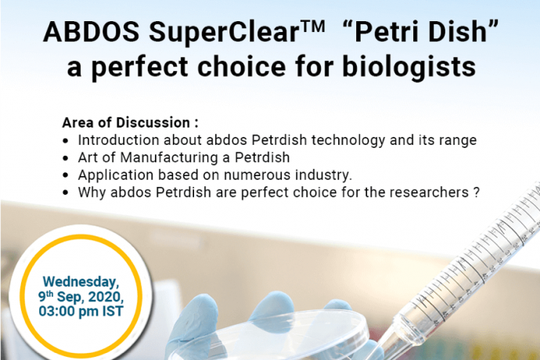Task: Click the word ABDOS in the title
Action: [x=92, y=31]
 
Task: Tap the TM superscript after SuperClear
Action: [x=312, y=26]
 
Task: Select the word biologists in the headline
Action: [x=409, y=67]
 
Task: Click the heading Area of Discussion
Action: [x=130, y=123]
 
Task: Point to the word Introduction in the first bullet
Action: [x=118, y=140]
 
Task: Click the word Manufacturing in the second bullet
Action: [x=169, y=158]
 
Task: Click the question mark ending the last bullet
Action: [x=477, y=193]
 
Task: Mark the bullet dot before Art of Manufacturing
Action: [x=66, y=158]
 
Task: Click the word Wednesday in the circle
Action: [x=81, y=282]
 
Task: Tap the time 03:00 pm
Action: [x=69, y=311]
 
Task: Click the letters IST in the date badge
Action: [x=113, y=311]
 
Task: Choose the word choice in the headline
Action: [x=241, y=67]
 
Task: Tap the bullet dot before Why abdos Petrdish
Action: [x=66, y=193]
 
